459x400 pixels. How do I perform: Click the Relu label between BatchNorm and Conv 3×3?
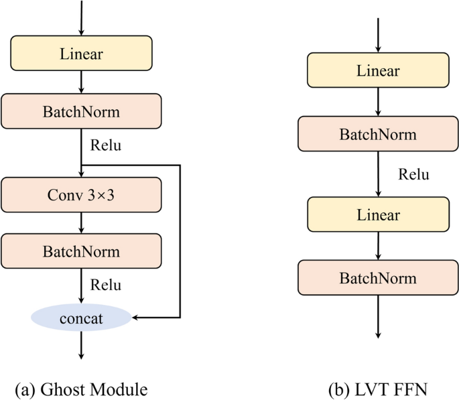(106, 145)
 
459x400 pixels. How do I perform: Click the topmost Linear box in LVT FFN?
(378, 71)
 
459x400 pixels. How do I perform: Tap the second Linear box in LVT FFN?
(378, 215)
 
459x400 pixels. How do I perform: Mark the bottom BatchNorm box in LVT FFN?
(378, 277)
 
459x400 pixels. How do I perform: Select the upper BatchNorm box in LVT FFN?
(378, 133)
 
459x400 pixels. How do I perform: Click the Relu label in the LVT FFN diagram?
(413, 175)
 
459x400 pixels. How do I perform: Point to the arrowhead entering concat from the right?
(137, 317)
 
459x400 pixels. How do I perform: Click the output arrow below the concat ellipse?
(81, 345)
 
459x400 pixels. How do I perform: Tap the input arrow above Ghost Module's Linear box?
(81, 17)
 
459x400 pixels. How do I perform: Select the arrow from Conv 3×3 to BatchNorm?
(81, 222)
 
